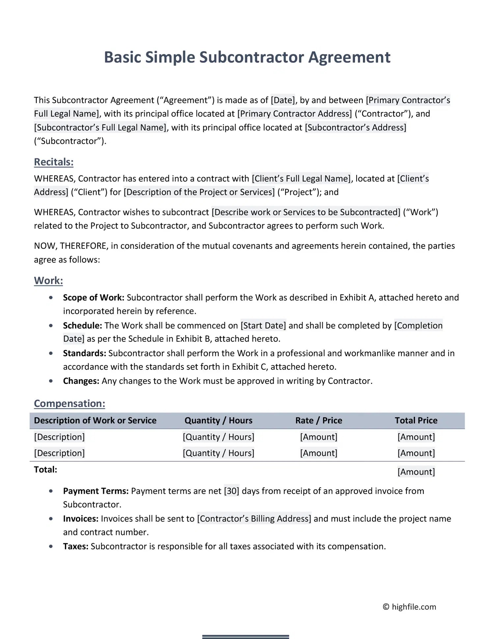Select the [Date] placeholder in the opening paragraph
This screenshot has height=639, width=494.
(x=283, y=100)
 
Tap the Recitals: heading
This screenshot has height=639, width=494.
(x=54, y=162)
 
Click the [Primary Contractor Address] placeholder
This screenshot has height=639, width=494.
(x=295, y=114)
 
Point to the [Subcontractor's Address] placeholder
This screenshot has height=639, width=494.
(x=356, y=127)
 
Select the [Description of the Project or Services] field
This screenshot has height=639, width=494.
(x=199, y=192)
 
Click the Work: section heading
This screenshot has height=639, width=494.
(x=48, y=280)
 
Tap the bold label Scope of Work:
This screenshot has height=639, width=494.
(x=94, y=298)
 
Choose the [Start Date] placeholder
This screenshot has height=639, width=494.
(x=263, y=326)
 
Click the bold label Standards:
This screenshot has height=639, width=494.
(x=84, y=353)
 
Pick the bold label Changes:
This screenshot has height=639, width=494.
(x=81, y=381)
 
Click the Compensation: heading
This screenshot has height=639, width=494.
(x=69, y=404)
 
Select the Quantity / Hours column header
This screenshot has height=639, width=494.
(x=218, y=420)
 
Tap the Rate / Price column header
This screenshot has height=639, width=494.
(x=318, y=420)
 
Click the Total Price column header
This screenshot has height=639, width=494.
(x=416, y=420)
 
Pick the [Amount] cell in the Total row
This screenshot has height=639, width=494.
(x=416, y=472)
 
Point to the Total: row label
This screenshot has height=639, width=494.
(x=45, y=469)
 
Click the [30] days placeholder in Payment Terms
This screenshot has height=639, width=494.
(x=232, y=491)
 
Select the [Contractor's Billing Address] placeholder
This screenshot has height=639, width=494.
(x=254, y=519)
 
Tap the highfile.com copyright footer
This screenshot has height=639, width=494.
(x=409, y=607)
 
